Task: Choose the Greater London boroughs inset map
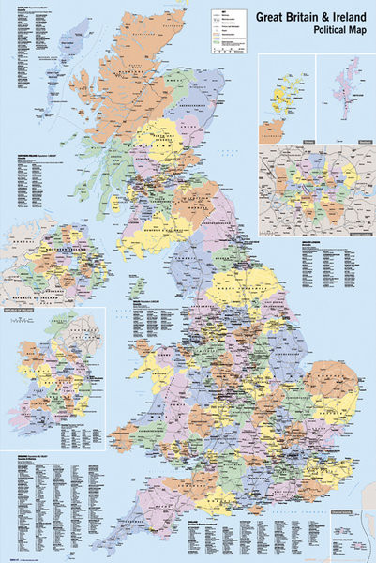pyautogui.click(x=316, y=188)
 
